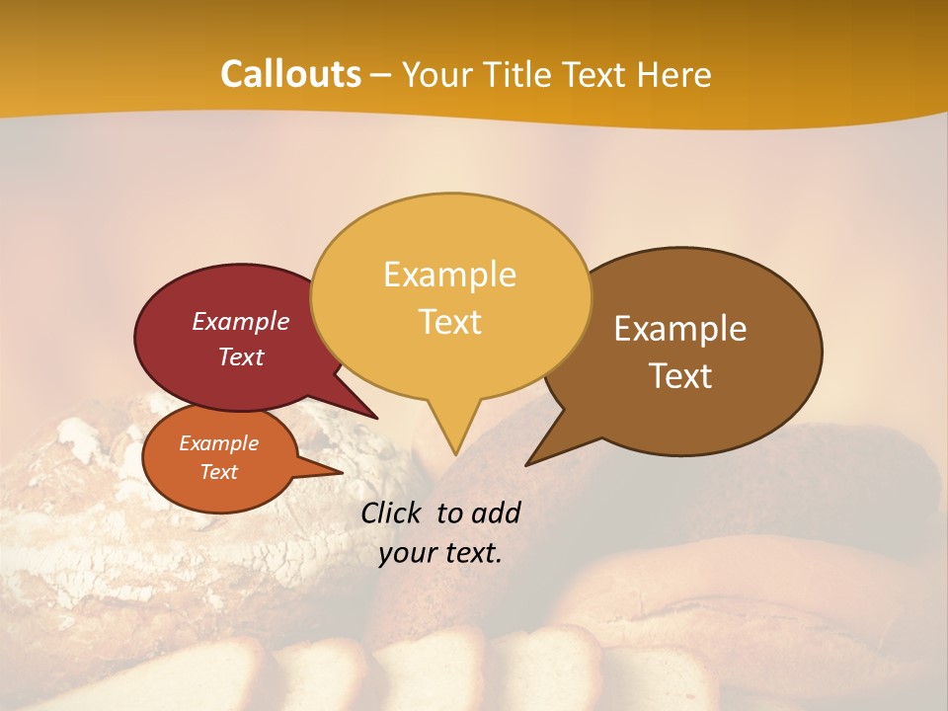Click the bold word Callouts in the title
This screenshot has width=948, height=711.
290,74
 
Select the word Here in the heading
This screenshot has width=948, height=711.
675,74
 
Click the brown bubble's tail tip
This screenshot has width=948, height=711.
527,464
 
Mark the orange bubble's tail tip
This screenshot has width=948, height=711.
341,473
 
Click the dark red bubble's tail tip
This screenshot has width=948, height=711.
376,418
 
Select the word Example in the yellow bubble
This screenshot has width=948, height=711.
449,275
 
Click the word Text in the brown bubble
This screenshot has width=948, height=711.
681,376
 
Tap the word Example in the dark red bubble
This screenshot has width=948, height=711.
241,322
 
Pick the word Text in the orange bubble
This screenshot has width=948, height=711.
219,472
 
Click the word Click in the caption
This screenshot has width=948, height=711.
392,513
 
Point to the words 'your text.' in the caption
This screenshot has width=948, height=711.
440,553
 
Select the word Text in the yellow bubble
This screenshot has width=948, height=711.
450,322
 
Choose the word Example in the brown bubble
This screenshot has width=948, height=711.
680,329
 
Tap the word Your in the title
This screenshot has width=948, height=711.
439,74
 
